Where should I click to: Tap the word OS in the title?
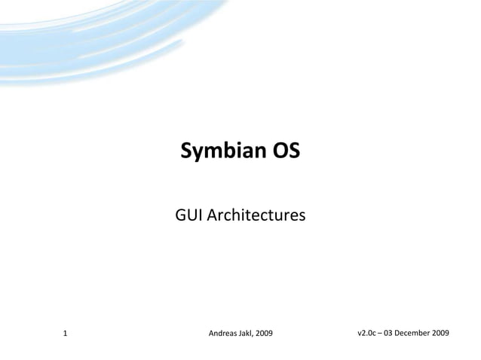286,152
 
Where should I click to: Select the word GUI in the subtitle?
188,217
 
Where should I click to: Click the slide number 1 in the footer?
66,332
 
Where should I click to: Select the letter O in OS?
279,152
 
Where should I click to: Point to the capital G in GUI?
181,217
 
